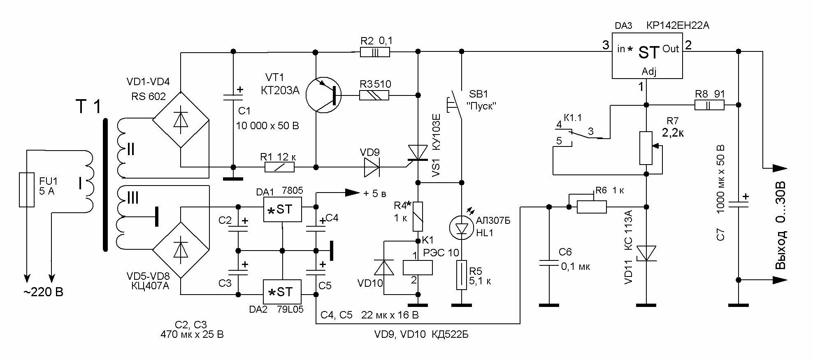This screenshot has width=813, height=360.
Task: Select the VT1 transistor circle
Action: [324, 95]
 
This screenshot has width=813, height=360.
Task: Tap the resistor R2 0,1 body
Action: [374, 52]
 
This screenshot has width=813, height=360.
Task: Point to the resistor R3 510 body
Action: [374, 95]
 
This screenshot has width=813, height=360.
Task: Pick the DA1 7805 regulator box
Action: [282, 209]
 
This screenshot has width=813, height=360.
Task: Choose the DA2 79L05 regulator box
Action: [282, 292]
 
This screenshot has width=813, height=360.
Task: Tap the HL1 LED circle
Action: [462, 228]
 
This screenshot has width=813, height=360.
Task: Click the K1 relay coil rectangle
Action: [418, 268]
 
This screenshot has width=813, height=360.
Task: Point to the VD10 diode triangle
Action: [384, 268]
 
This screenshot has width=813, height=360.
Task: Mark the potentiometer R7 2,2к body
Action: [646, 148]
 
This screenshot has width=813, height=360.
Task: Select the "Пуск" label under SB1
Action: [481, 106]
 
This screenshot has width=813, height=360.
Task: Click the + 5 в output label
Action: [375, 193]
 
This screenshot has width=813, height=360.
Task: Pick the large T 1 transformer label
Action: [88, 107]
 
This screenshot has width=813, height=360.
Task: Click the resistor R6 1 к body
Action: [592, 207]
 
